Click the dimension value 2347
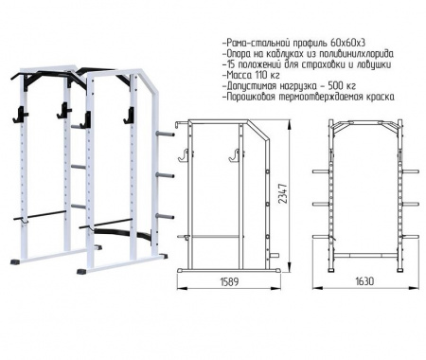[x=284, y=193]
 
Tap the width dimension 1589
[x=229, y=281]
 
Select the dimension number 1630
[x=364, y=281]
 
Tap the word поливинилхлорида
[x=355, y=54]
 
